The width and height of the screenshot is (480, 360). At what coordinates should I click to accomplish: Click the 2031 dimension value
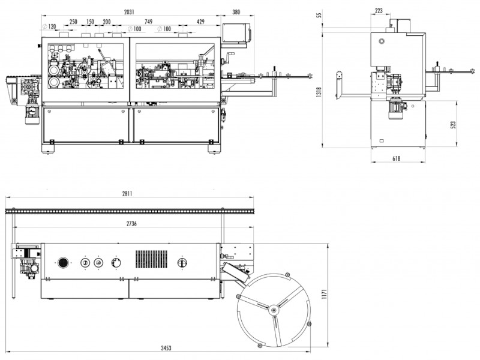point(129,12)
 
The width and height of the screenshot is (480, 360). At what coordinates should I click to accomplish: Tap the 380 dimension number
point(236,12)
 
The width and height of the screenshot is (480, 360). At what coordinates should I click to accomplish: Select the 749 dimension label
point(148,22)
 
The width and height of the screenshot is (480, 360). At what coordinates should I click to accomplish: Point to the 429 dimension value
point(200,22)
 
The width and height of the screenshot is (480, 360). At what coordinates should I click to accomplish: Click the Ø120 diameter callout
point(49,26)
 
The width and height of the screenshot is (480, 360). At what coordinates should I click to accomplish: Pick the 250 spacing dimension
point(73,22)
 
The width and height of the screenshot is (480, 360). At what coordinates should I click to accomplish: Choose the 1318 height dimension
point(319,93)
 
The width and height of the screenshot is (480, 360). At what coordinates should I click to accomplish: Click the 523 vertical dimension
point(454,125)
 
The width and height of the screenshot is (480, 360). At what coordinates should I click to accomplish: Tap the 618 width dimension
point(396,158)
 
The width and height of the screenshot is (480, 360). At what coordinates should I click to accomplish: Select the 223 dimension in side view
point(379,10)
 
